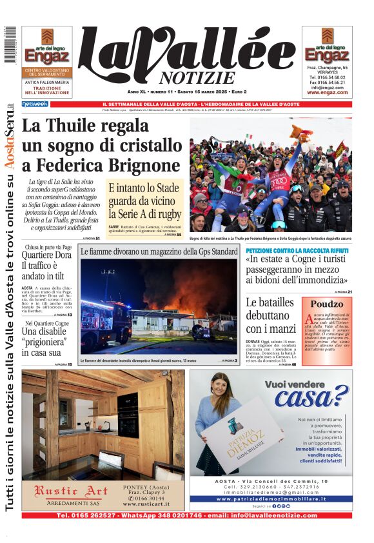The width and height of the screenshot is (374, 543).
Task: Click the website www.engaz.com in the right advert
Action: [x=327, y=92]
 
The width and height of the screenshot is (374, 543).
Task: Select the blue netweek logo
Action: [x=35, y=104]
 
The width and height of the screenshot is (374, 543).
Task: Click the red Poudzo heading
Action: [x=327, y=304]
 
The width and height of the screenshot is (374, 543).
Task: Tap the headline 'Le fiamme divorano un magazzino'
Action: [x=159, y=252]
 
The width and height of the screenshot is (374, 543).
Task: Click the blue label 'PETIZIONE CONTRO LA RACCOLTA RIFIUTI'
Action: [x=297, y=250]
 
